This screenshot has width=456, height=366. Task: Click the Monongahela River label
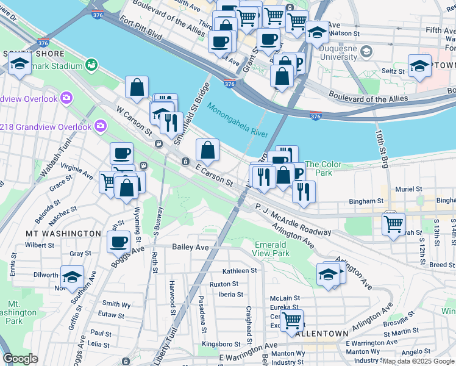point(238,121)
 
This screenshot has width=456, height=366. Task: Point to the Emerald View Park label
point(271,249)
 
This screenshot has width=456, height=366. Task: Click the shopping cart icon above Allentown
point(292,319)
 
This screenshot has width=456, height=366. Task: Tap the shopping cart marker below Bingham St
point(393,223)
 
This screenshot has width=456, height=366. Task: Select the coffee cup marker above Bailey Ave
point(118,242)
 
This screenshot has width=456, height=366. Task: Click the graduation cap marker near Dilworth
point(72,278)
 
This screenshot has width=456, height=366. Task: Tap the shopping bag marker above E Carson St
point(207,150)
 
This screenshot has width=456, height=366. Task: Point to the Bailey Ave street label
point(190,247)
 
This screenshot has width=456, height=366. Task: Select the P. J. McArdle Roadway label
point(293,220)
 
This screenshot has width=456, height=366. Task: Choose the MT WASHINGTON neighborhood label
point(63,233)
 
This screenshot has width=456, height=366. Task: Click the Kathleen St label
point(240,271)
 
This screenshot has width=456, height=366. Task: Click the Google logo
point(20,359)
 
